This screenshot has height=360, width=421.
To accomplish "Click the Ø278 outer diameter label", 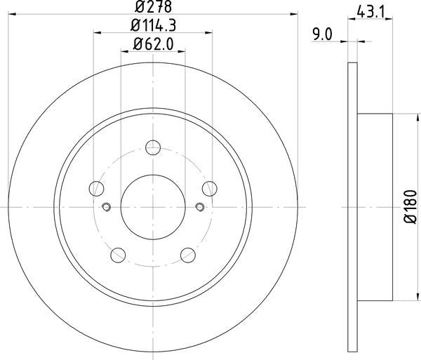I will point(153,8).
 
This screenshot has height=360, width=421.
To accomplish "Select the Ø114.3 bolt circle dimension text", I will point(153,27).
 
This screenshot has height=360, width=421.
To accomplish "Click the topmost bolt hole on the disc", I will point(153,147).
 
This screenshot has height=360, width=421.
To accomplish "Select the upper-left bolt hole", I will point(97,187).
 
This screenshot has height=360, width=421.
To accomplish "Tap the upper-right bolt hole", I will point(208,187).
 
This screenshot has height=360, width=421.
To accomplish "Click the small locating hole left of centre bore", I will point(106,206).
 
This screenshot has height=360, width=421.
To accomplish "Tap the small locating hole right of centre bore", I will point(199,206).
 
